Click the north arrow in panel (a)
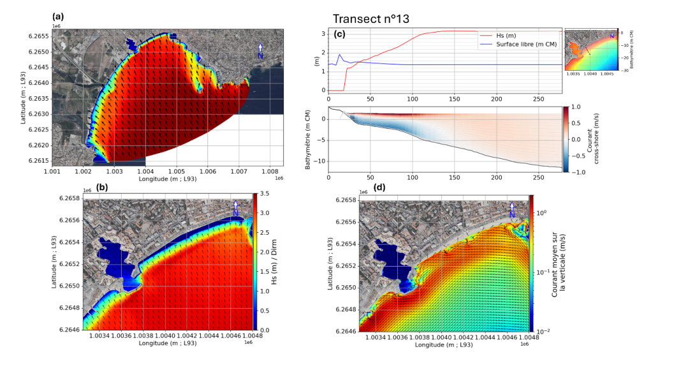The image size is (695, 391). pos(260,51)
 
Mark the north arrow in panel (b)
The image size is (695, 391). pos(235,207)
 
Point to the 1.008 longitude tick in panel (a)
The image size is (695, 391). pos(271,171)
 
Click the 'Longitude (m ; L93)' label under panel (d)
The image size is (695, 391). pos(444,345)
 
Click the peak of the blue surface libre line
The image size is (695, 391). pos(340,55)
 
